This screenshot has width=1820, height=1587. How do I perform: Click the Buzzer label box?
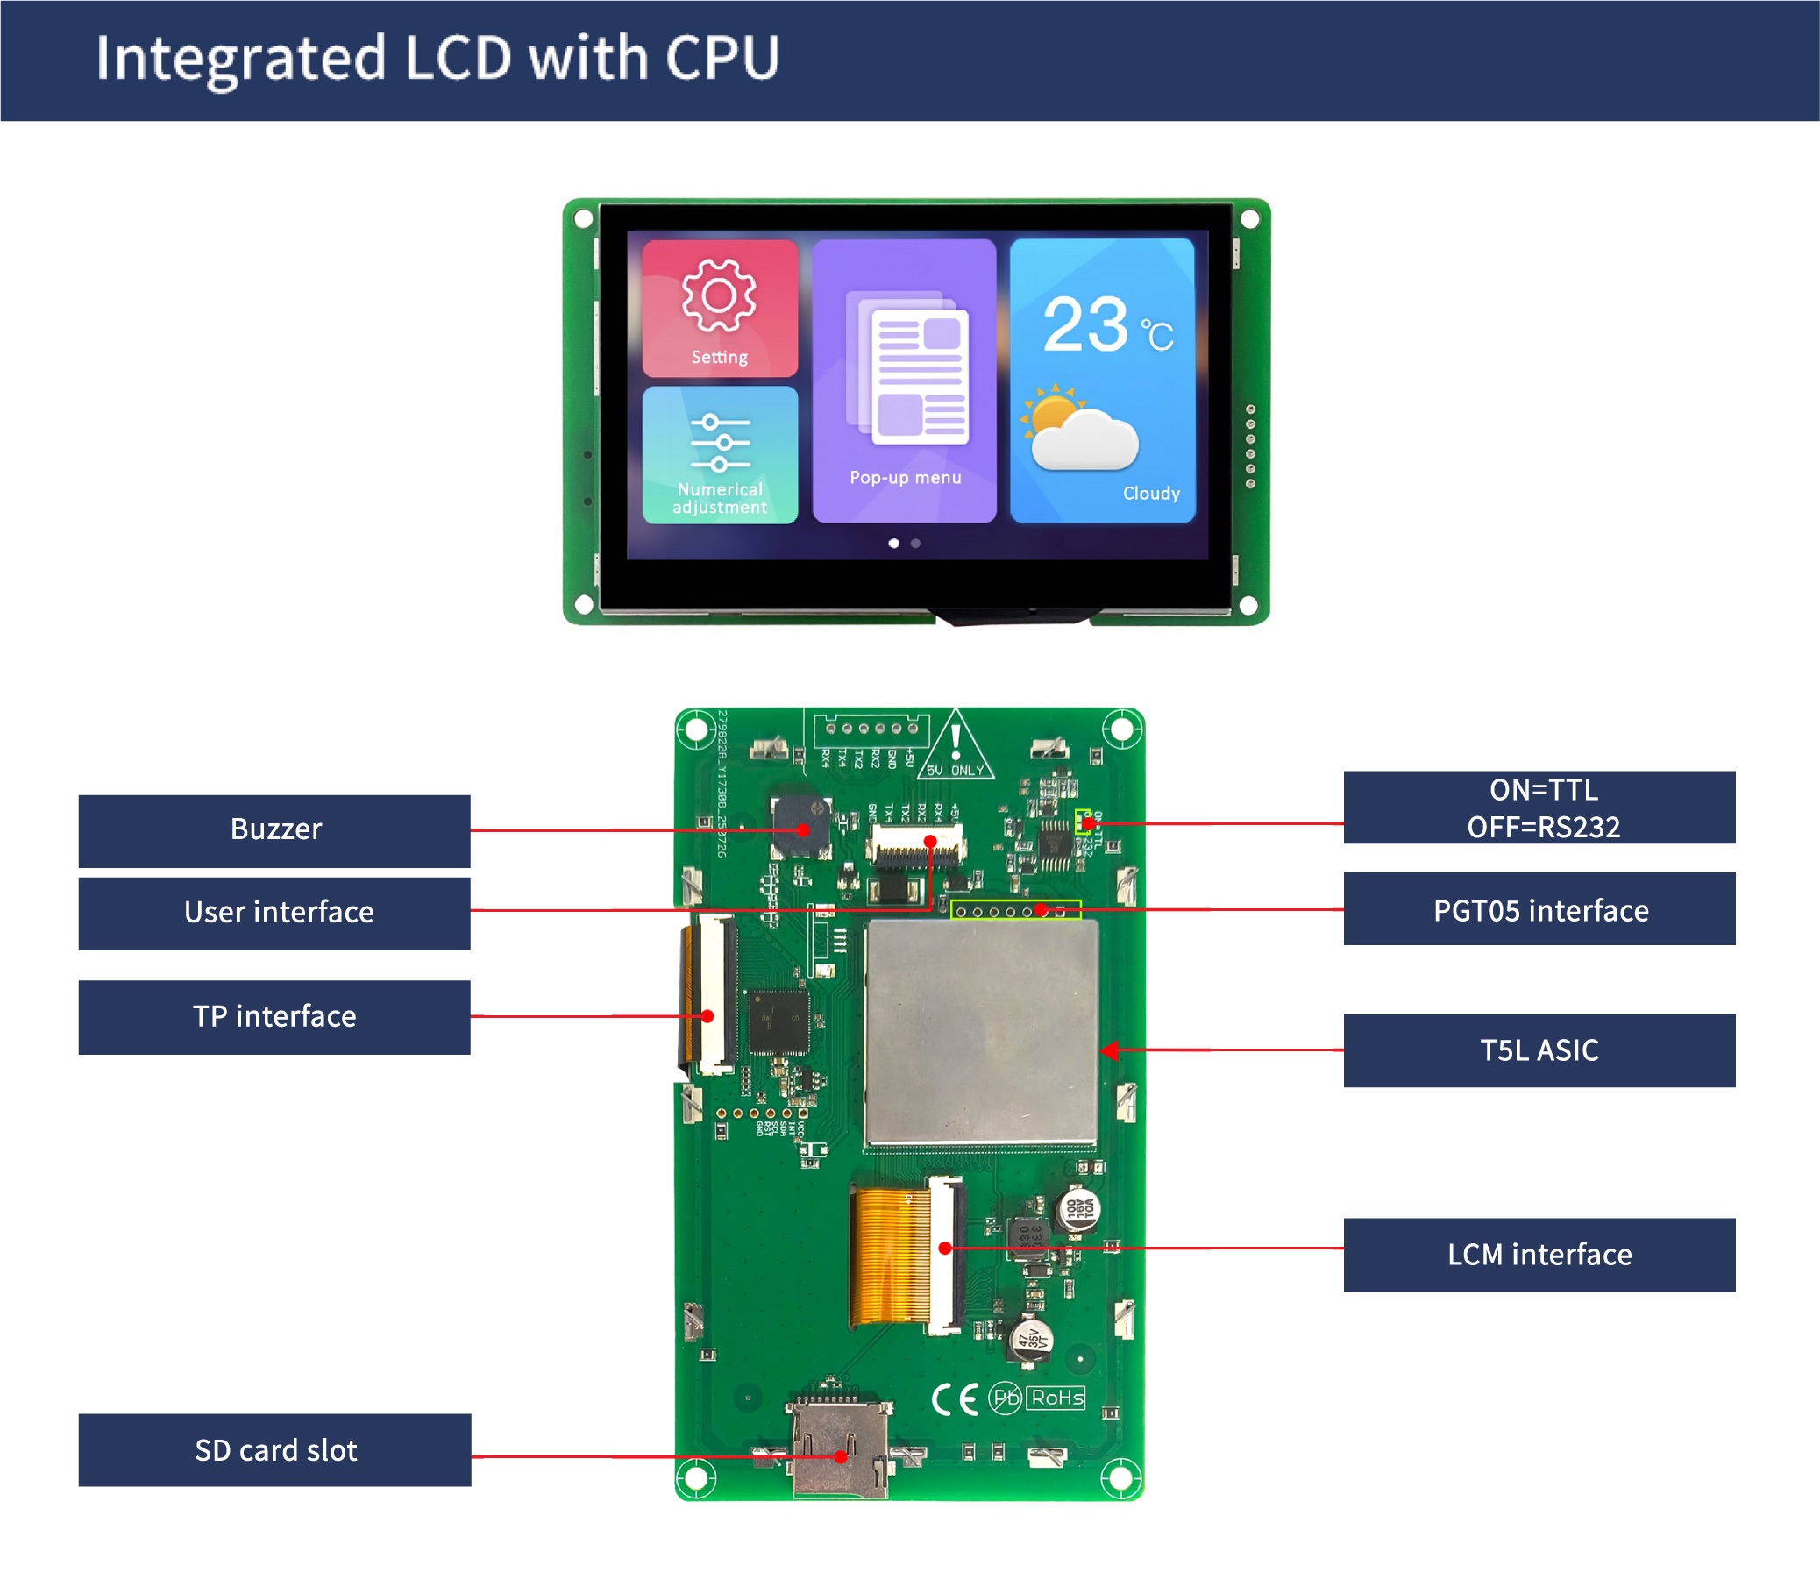(x=274, y=829)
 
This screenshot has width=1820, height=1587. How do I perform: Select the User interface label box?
(x=274, y=913)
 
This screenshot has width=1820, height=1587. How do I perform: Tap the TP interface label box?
(x=274, y=1017)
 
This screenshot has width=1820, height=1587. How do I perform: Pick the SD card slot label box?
(x=274, y=1449)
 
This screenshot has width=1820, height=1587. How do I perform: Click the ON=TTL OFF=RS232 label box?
(x=1539, y=807)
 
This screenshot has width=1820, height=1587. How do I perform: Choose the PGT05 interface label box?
(x=1539, y=909)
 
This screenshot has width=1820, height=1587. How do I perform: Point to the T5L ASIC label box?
(x=1539, y=1050)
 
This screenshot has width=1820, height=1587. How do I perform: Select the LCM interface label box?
(x=1539, y=1254)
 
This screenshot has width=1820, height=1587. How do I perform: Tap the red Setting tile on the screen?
(x=719, y=308)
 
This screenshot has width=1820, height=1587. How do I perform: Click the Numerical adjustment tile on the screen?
(x=719, y=455)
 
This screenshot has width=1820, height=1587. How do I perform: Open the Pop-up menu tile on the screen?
(x=903, y=381)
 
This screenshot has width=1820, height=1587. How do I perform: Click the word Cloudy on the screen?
(x=1150, y=494)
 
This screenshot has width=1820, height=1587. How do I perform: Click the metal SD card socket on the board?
(x=839, y=1448)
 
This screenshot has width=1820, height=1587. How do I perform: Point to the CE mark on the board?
(x=955, y=1398)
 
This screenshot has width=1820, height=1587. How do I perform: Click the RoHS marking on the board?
(x=1056, y=1398)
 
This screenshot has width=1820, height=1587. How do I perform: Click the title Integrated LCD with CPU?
(x=437, y=59)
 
